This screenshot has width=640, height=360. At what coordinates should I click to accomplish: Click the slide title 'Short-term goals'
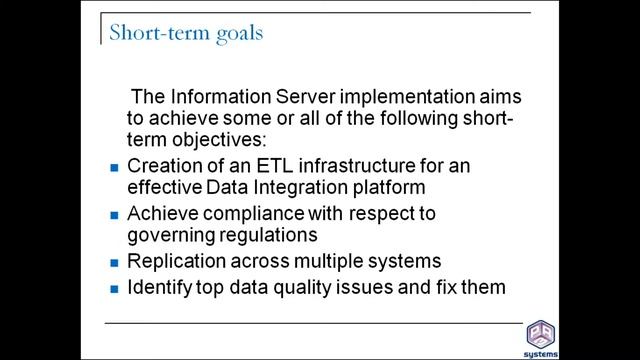point(186,32)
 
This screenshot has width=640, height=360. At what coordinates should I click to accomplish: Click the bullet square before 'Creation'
point(114,166)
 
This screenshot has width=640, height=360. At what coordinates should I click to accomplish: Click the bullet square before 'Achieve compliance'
point(114,215)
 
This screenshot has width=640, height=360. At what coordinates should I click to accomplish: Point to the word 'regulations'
point(272,235)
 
